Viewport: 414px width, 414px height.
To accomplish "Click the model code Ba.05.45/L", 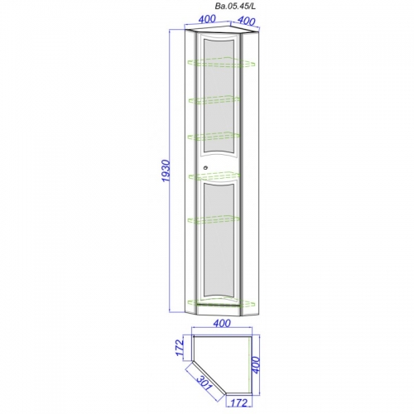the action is pos(235,7).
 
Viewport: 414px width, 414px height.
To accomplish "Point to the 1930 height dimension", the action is pos(166,171).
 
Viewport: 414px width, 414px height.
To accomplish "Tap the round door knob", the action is pos(205,167).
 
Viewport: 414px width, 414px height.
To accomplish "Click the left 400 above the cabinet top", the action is pos(207,19).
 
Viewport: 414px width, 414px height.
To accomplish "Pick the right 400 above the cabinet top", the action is pos(246,20).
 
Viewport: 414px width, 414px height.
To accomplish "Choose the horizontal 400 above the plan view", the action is pos(222,324).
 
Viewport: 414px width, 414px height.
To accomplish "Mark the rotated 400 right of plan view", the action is pos(256,365).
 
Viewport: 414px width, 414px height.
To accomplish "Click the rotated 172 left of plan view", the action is pos(180,348).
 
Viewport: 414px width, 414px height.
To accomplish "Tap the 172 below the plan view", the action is pos(239,402).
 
